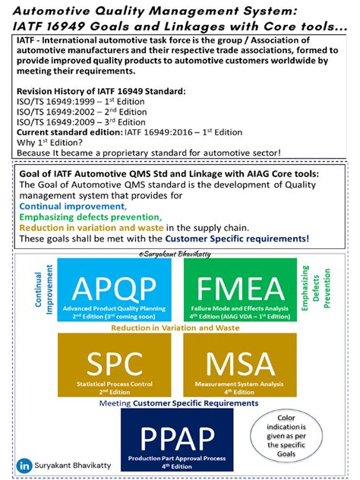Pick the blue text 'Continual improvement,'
pos(72,206)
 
